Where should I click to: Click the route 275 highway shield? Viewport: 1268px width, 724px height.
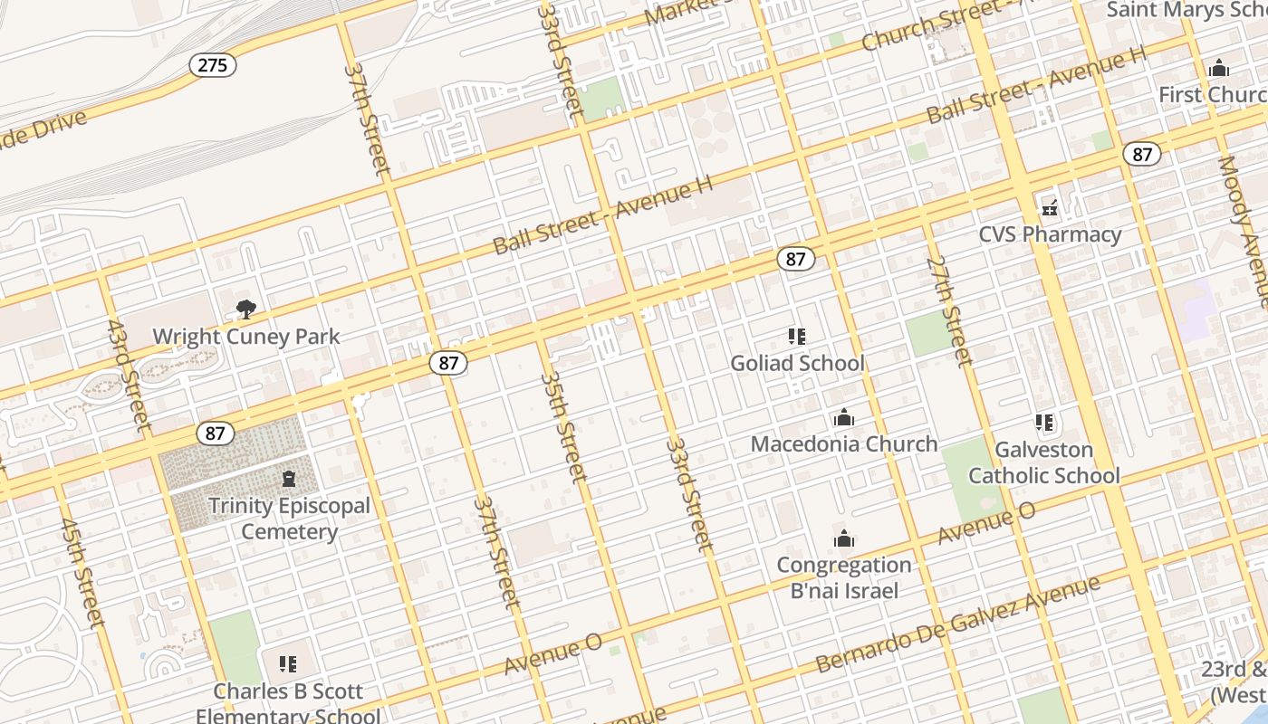click(213, 65)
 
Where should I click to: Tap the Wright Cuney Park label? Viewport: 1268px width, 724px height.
click(246, 337)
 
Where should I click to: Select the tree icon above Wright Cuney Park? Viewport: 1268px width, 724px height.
click(245, 310)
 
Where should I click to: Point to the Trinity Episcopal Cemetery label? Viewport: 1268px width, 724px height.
click(289, 519)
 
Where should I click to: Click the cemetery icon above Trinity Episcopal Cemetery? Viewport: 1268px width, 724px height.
click(289, 478)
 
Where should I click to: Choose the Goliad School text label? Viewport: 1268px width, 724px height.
click(798, 364)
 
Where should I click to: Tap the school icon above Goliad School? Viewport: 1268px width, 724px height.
click(797, 337)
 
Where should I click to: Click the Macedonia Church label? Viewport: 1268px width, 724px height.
click(844, 444)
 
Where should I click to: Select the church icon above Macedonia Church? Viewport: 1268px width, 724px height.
click(844, 418)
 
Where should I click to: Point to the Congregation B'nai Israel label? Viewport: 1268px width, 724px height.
click(844, 578)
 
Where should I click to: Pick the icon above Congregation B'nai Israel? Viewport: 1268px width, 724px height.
click(844, 539)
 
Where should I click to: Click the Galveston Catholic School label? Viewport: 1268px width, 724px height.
click(1044, 462)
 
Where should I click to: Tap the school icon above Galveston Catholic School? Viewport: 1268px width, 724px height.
click(1044, 423)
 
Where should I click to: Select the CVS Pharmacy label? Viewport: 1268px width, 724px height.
click(1051, 235)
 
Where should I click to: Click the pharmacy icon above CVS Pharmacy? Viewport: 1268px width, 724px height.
click(1050, 208)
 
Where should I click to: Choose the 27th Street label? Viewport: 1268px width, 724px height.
click(949, 310)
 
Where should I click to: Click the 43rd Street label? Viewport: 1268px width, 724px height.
click(128, 374)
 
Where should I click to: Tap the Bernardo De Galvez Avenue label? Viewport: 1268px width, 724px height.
click(958, 624)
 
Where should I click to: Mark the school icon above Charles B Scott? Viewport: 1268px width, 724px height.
click(288, 664)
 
